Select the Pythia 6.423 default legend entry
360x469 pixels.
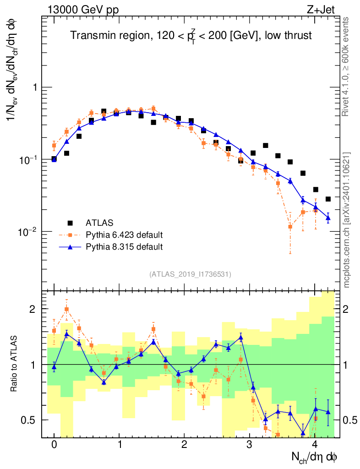[124, 235]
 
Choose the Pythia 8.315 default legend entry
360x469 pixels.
[124, 247]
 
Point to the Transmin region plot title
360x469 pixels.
[191, 36]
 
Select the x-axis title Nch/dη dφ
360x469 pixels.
[315, 457]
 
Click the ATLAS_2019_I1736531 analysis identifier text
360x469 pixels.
[190, 274]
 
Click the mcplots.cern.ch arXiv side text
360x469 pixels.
[347, 220]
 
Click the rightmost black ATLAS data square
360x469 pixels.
[328, 199]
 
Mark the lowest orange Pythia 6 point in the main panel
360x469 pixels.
[289, 227]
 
